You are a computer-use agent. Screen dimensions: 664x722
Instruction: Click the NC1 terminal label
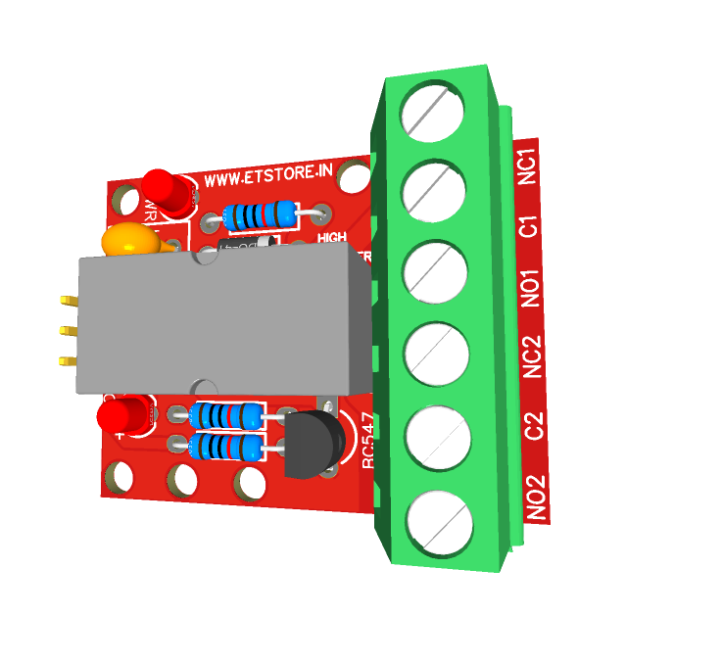(527, 166)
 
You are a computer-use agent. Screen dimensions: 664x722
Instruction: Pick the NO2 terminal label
(537, 497)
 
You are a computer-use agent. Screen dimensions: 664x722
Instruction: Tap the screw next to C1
(432, 189)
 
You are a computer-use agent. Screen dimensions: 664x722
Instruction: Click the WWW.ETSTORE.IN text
(269, 177)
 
